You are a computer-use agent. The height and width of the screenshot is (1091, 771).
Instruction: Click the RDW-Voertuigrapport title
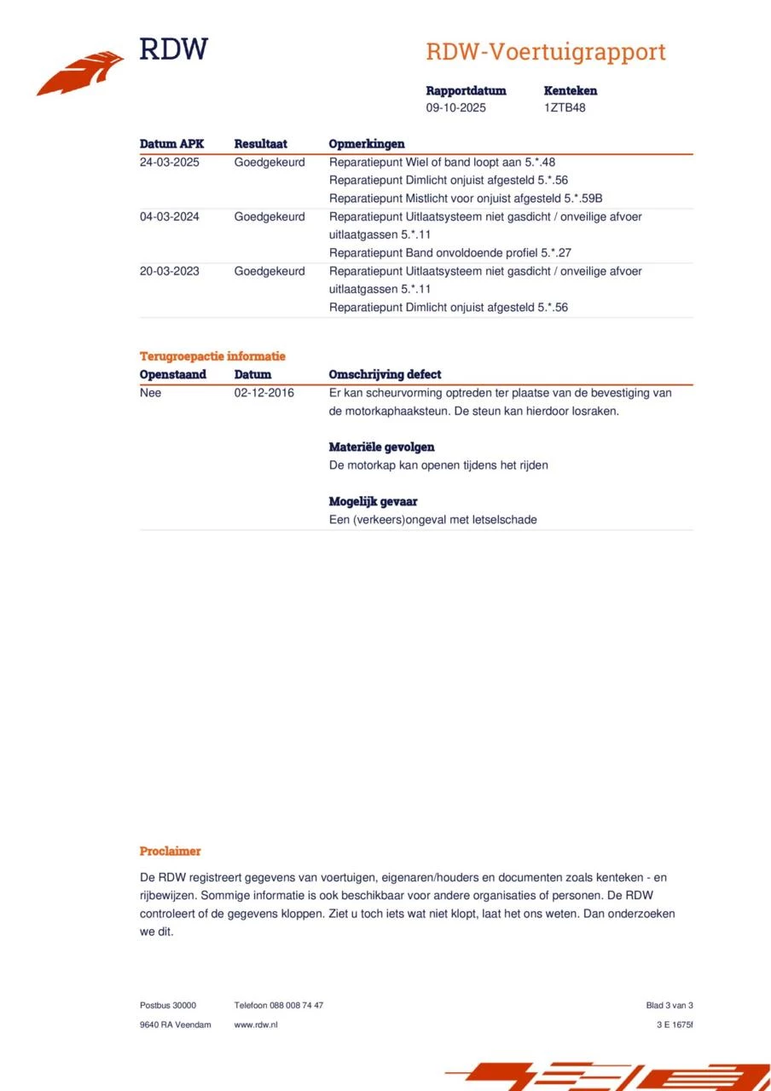pyautogui.click(x=545, y=52)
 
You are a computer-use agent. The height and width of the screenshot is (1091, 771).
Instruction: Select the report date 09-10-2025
pyautogui.click(x=456, y=108)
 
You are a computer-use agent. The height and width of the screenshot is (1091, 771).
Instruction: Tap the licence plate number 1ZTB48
pyautogui.click(x=565, y=108)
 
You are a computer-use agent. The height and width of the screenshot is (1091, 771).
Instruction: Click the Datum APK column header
pyautogui.click(x=171, y=144)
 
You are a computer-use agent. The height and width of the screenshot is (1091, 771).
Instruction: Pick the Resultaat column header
pyautogui.click(x=260, y=144)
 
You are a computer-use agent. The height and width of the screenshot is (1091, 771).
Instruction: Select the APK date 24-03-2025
pyautogui.click(x=170, y=162)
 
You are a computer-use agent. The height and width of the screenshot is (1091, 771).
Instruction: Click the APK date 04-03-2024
pyautogui.click(x=170, y=216)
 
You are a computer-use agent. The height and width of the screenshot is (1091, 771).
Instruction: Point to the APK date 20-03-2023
pyautogui.click(x=170, y=271)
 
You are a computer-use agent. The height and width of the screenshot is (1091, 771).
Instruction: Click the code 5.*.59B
pyautogui.click(x=583, y=199)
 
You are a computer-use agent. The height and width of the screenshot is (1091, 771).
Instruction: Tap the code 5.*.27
pyautogui.click(x=555, y=253)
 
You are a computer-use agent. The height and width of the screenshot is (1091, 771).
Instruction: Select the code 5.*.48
pyautogui.click(x=542, y=162)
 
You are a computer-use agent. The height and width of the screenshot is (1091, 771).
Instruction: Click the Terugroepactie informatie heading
pyautogui.click(x=212, y=356)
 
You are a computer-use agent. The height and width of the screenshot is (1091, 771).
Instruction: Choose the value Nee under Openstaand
pyautogui.click(x=150, y=393)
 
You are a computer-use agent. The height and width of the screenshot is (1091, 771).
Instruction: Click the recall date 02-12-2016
pyautogui.click(x=264, y=393)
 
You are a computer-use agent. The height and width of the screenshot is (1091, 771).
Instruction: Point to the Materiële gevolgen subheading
pyautogui.click(x=381, y=447)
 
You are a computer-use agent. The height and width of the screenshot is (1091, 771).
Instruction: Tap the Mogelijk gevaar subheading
pyautogui.click(x=373, y=501)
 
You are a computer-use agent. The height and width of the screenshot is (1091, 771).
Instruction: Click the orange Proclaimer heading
pyautogui.click(x=170, y=851)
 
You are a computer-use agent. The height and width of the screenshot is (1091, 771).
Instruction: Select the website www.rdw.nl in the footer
pyautogui.click(x=256, y=1025)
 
